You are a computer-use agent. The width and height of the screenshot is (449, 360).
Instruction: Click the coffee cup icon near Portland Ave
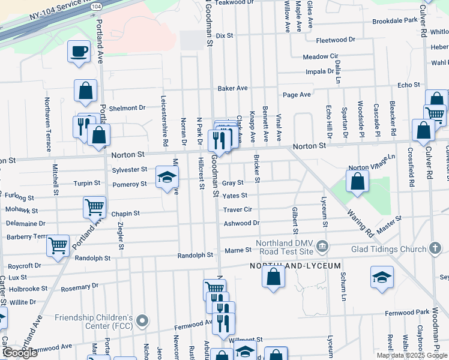[79, 50]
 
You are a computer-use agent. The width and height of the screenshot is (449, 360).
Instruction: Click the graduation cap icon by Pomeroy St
[167, 177]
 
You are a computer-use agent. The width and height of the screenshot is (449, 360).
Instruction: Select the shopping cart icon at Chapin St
[95, 207]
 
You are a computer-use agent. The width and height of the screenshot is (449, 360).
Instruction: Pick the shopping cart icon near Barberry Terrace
[58, 245]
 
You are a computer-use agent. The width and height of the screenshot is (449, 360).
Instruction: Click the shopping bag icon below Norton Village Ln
[357, 181]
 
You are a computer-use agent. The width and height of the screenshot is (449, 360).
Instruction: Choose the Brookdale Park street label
[394, 20]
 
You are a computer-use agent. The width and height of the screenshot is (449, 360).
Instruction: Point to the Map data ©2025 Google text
[411, 355]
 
